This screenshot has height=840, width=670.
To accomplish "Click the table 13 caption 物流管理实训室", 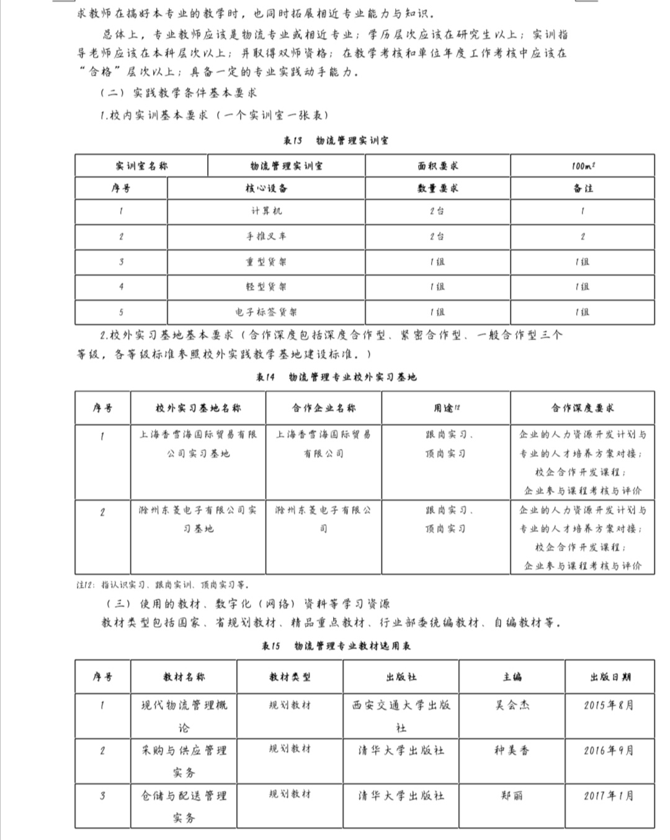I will point(336,140).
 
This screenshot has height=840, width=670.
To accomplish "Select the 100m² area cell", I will point(583,166).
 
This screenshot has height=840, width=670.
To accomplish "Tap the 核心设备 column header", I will point(266,188).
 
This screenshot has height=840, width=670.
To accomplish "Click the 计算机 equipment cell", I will point(266,211).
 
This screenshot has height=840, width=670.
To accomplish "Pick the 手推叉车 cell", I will point(266,237).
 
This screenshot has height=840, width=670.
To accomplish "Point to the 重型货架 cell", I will point(266,262).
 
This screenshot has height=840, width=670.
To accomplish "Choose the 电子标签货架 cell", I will point(266,312).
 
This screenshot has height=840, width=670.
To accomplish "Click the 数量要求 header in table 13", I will point(437,188).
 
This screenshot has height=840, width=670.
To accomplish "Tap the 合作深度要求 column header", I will point(582,408).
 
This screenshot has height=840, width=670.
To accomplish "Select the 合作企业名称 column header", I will point(323,408).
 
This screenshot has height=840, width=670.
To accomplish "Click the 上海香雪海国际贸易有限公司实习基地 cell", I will point(198,444).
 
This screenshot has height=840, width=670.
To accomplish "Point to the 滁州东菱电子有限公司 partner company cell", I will point(323,519).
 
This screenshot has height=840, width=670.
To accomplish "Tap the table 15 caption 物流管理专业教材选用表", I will point(336,646).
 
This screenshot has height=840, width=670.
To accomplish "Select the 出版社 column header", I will point(401,677).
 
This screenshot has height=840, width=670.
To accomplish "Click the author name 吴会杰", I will point(512,705).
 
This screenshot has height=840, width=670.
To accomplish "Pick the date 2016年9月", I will point(609,751).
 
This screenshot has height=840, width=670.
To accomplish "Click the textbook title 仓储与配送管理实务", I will point(184,806).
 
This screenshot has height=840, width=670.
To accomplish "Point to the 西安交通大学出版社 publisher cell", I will point(401,716).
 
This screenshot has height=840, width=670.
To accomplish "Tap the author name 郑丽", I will point(512,795).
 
